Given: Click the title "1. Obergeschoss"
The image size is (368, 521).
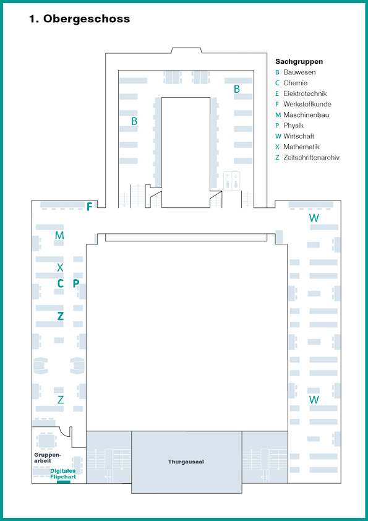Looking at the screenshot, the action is [x=79, y=19].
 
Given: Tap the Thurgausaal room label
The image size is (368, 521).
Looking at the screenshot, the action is [x=186, y=462].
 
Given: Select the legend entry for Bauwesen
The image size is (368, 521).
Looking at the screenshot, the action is [x=296, y=72].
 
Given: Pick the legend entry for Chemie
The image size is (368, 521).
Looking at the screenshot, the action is [x=291, y=83].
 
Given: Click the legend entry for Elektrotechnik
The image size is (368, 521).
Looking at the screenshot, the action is [x=301, y=93].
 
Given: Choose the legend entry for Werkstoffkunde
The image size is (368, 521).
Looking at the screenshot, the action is [x=303, y=104].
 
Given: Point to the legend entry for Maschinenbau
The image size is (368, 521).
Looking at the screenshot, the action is [x=302, y=114].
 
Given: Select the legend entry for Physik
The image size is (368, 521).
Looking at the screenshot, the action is [x=289, y=125].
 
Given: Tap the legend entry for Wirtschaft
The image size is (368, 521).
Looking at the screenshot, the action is [x=294, y=136].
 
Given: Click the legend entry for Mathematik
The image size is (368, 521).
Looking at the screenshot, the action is [x=297, y=147].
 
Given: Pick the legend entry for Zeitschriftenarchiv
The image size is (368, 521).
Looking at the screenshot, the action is [x=307, y=157].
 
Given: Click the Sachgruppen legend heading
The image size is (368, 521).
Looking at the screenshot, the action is [x=299, y=61].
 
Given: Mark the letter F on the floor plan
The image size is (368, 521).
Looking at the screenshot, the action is [x=89, y=207].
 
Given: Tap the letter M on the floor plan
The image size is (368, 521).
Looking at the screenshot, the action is [x=59, y=236].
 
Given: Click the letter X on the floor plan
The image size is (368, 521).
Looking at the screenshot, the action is [x=60, y=267].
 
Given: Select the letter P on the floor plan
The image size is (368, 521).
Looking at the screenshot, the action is [x=76, y=283].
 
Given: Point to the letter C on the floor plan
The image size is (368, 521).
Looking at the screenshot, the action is [x=60, y=283].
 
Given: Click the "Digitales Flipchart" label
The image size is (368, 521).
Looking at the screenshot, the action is [x=63, y=474].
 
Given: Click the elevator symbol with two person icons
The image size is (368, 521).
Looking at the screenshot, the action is [x=232, y=181].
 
